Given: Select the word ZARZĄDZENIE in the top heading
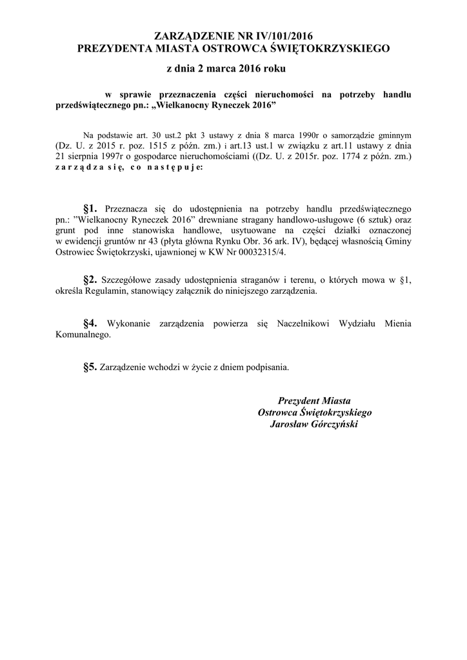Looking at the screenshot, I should pos(193,35).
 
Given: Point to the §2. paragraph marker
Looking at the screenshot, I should pos(90,279).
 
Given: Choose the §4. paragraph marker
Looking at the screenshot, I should pos(90,323).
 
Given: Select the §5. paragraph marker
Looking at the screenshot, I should pos(90,367).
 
